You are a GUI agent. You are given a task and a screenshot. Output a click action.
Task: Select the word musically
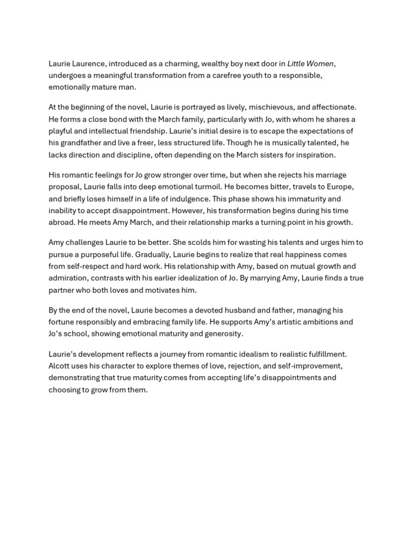click(272, 143)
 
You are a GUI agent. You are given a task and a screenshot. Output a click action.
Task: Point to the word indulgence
click(188, 199)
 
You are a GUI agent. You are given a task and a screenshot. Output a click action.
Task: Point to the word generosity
click(220, 334)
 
